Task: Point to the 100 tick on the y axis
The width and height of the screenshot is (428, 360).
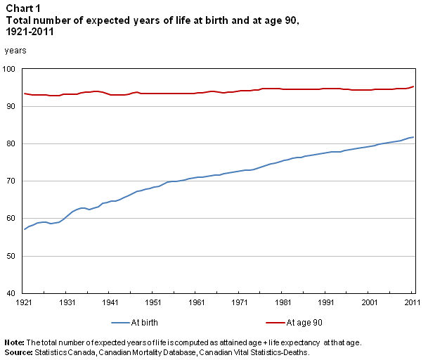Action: tap(12, 69)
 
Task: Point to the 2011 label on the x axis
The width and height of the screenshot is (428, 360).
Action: tap(413, 302)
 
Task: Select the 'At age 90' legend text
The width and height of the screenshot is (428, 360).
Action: tap(304, 323)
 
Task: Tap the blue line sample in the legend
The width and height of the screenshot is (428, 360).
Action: tap(120, 323)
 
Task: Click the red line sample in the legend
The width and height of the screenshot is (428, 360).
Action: tap(275, 323)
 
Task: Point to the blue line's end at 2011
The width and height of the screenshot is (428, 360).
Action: tap(413, 137)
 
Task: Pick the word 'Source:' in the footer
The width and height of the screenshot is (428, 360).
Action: tap(18, 351)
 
